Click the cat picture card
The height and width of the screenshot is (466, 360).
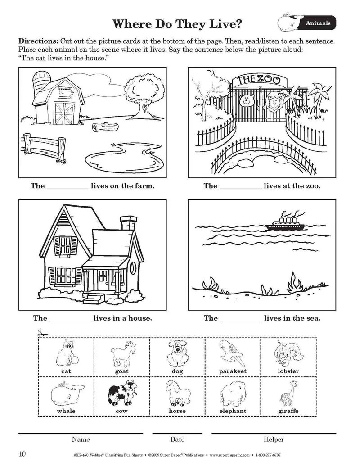coord(66,357)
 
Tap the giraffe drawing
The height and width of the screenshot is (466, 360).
coord(288,395)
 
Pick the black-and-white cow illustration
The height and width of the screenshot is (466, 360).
coord(121,394)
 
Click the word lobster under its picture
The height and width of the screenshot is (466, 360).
coord(288,371)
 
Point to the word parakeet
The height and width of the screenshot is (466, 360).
coord(233,371)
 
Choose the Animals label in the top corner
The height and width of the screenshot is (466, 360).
coord(318,23)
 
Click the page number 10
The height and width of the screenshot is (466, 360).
coord(22,453)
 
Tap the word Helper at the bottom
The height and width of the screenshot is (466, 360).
coord(274,439)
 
